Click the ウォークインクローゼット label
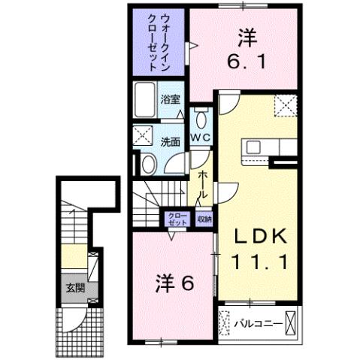point(159,42)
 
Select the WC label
point(200,138)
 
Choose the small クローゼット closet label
point(177,219)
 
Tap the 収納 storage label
point(204,219)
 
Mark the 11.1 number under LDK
point(258,264)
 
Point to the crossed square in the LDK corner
point(285,104)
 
